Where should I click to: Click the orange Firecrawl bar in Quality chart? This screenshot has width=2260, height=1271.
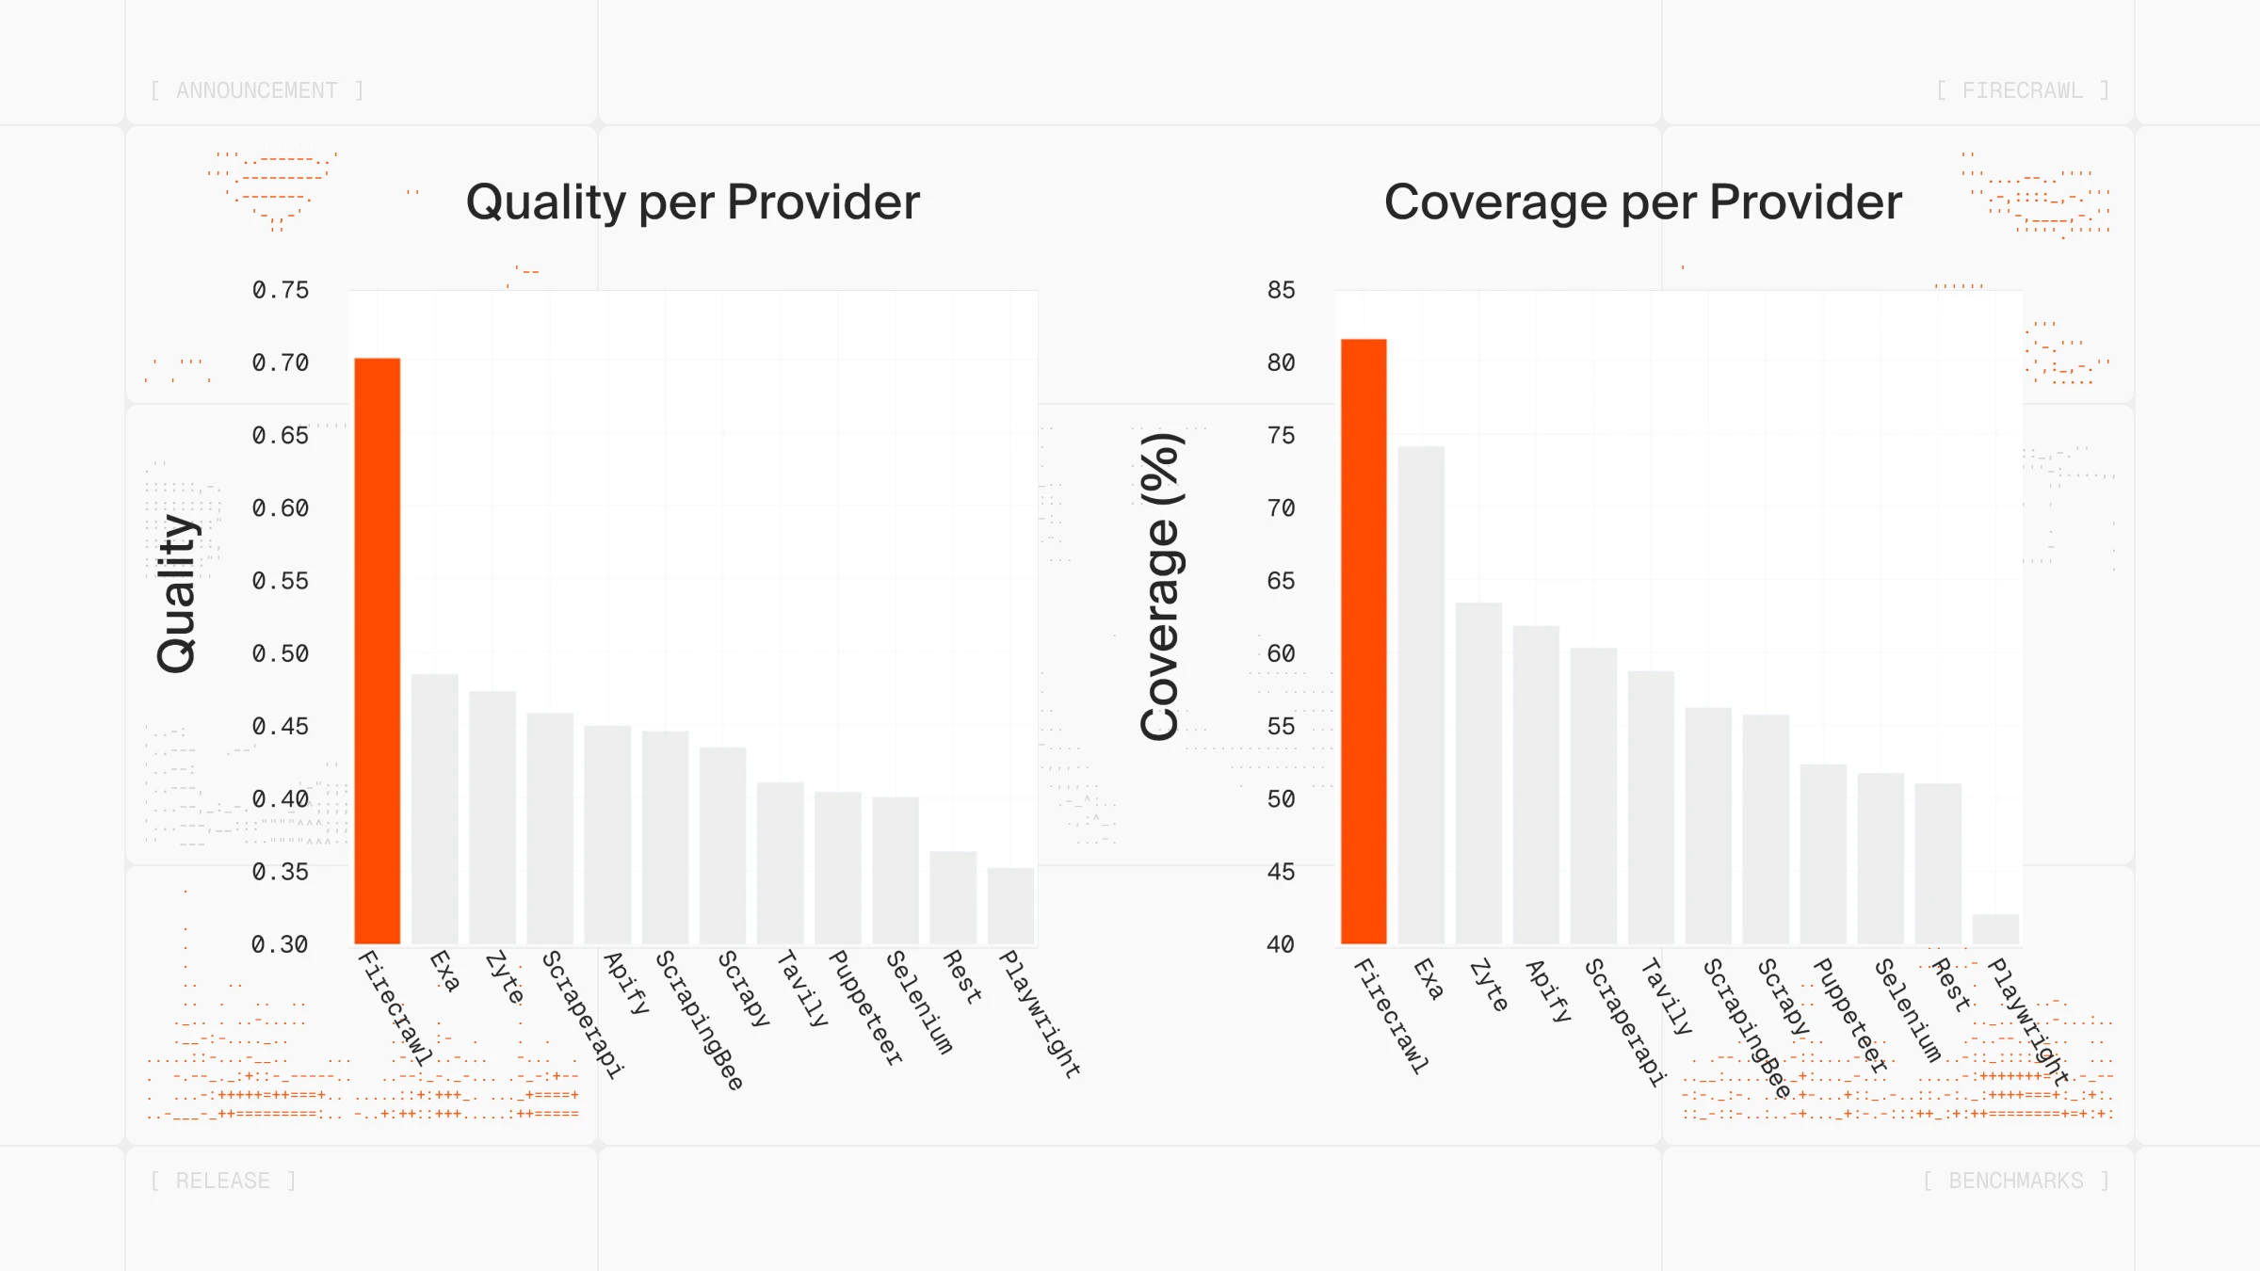click(x=377, y=650)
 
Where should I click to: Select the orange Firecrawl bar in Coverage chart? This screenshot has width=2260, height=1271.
click(x=1364, y=640)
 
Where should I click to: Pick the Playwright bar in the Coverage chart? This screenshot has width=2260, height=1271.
click(x=1995, y=928)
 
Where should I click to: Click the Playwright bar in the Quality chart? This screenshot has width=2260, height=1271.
click(x=1010, y=906)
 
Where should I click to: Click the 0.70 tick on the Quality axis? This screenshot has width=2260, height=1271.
click(x=280, y=362)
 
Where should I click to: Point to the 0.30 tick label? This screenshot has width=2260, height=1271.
click(x=280, y=944)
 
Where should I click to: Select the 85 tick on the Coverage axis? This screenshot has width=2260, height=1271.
click(x=1281, y=290)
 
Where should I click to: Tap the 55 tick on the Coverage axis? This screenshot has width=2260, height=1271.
click(x=1281, y=726)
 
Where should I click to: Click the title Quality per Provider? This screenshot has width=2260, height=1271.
click(x=692, y=201)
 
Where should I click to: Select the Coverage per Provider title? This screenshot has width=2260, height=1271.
click(x=1642, y=201)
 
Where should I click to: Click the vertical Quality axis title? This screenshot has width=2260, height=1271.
click(x=176, y=593)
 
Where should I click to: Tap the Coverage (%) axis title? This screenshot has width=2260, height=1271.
click(x=1160, y=587)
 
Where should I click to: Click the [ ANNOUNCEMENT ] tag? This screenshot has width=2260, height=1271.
click(x=256, y=90)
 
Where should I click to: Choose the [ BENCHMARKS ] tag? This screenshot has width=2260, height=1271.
click(x=2015, y=1181)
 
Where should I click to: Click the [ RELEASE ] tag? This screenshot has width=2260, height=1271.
click(x=223, y=1181)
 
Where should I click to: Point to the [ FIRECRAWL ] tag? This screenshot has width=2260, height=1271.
click(x=2022, y=90)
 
